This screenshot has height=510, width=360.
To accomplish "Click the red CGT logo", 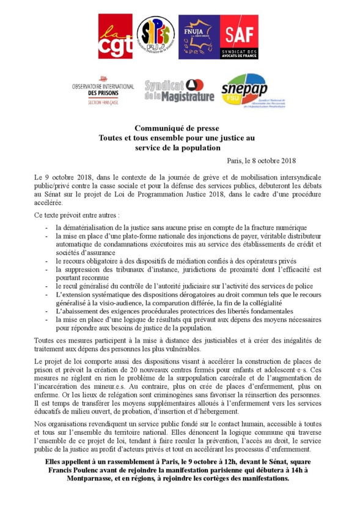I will (114, 37).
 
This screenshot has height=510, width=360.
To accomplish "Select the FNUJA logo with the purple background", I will (197, 37).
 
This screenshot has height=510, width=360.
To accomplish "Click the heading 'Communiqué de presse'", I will (181, 129).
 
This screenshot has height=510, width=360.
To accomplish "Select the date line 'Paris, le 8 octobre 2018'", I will (261, 161).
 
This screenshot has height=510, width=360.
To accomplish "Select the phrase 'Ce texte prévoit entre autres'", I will (76, 215).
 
